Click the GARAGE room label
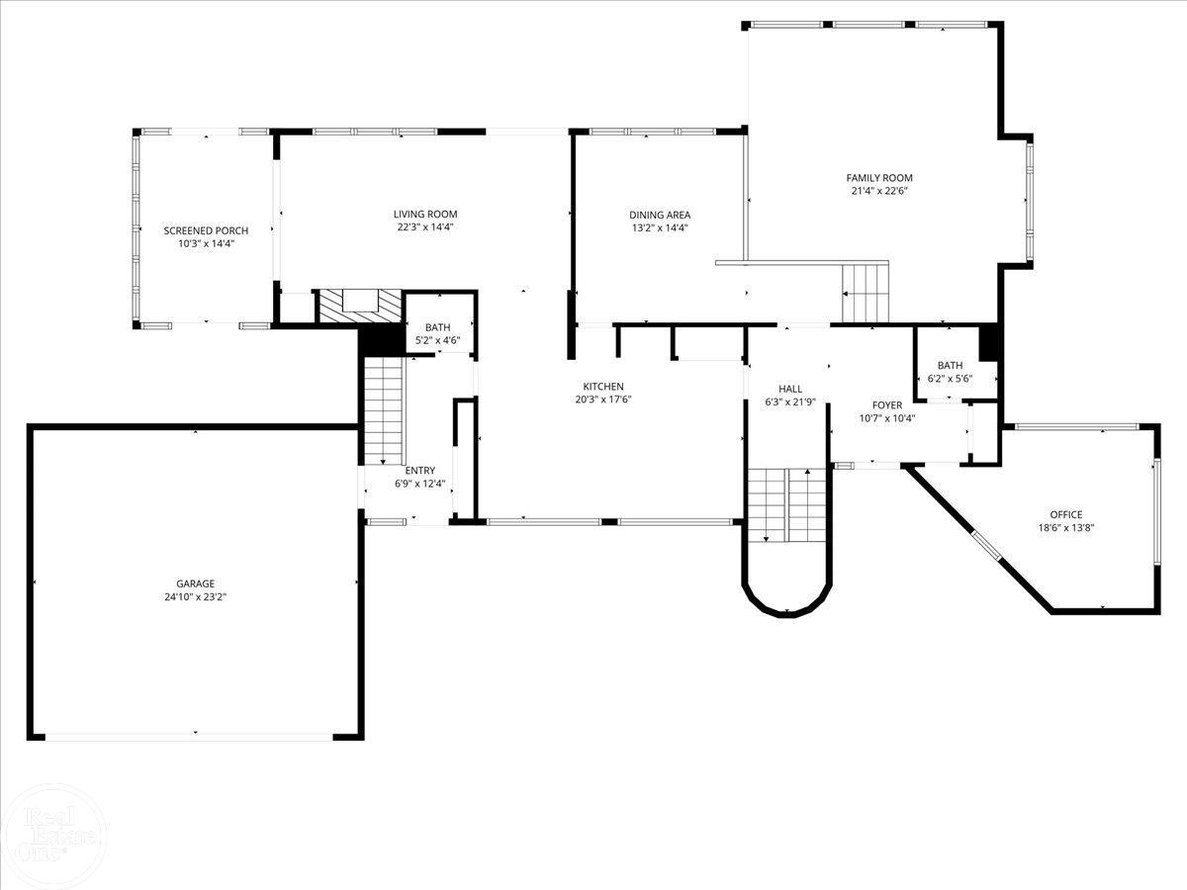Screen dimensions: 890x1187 [x=196, y=583]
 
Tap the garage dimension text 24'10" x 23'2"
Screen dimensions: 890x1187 [x=196, y=596]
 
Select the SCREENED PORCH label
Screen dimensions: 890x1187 [x=206, y=230]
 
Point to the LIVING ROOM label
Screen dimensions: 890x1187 [x=425, y=214]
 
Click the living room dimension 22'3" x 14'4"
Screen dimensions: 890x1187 [x=425, y=226]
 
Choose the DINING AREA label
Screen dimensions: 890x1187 [x=660, y=215]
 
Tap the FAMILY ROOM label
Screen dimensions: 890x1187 [x=879, y=178]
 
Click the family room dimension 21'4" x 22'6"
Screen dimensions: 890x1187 [x=879, y=191]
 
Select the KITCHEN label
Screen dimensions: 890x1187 [x=602, y=386]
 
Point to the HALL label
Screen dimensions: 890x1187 [x=790, y=389]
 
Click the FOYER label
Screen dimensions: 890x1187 [x=886, y=405]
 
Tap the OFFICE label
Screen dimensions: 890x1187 [x=1065, y=514]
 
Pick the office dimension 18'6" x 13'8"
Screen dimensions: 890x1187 [x=1065, y=527]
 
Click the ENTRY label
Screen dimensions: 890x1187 [x=419, y=471]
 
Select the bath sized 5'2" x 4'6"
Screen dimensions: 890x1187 [x=437, y=334]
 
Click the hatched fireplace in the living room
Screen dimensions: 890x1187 [x=359, y=305]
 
